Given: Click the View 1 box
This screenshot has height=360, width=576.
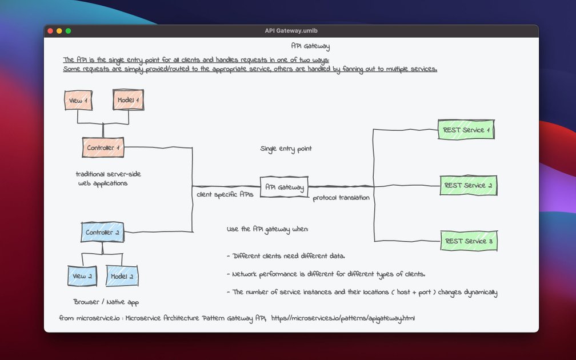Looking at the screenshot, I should click(78, 101).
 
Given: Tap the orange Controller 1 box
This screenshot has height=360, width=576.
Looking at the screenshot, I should click(103, 148).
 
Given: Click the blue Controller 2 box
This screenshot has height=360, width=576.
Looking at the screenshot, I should click(102, 233).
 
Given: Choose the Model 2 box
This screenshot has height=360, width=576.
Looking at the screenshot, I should click(122, 276).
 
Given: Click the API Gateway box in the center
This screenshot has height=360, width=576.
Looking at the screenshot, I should click(284, 187).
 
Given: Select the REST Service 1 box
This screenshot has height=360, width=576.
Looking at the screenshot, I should click(465, 130).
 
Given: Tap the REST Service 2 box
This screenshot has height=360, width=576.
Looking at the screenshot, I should click(468, 185).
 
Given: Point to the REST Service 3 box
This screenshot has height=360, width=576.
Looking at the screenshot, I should click(469, 241).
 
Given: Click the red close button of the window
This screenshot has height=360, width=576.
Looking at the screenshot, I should click(50, 31).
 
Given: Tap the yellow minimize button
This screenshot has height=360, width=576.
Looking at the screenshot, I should click(59, 31).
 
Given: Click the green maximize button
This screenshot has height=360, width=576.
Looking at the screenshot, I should click(68, 31).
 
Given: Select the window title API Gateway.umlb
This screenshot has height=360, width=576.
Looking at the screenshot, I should click(291, 31).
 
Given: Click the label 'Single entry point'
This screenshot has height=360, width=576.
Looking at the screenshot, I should click(286, 149).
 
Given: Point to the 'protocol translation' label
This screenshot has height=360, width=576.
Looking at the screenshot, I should click(341, 198).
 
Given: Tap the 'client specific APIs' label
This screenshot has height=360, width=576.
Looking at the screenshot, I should click(225, 194).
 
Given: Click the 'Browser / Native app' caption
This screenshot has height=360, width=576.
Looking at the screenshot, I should click(106, 302).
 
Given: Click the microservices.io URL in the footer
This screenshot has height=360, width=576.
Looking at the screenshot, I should click(342, 318).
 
